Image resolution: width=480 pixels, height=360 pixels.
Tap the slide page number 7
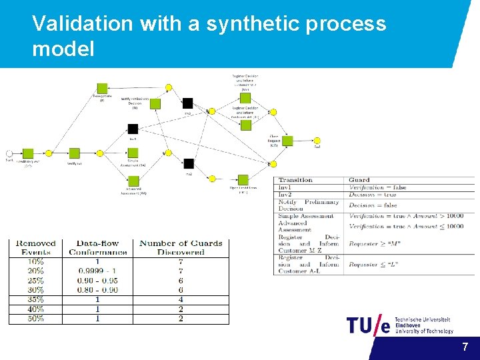click(465, 347)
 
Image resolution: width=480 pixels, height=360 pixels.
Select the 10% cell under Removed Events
click(36, 262)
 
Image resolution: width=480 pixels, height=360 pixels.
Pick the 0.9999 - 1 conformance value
click(97, 271)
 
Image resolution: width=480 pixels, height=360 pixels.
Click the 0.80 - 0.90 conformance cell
click(97, 290)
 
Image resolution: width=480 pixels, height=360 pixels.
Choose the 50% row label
click(36, 319)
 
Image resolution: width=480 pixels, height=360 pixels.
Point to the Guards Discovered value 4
click(181, 299)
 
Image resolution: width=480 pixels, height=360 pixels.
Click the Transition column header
click(295, 180)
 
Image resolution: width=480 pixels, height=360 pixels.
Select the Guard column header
click(359, 180)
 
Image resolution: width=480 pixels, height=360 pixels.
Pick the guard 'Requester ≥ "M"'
click(374, 244)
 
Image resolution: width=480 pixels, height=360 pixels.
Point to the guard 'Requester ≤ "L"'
click(374, 264)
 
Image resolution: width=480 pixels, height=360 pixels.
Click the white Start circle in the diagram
click(9, 153)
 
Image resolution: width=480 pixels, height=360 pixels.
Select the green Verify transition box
click(74, 153)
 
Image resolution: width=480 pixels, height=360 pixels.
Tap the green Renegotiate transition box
click(102, 88)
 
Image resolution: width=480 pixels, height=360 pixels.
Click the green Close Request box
click(287, 141)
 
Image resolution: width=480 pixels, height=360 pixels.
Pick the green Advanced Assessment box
click(133, 181)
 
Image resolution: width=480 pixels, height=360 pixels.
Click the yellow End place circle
click(317, 141)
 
